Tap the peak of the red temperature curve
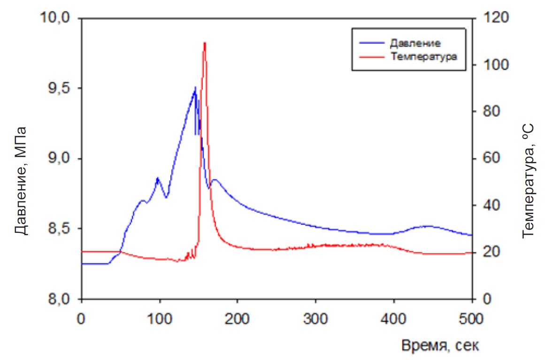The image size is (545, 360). tap(205, 43)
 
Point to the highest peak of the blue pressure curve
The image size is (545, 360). tap(195, 87)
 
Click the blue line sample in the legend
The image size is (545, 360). tap(372, 43)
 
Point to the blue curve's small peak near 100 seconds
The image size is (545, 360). tap(158, 178)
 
